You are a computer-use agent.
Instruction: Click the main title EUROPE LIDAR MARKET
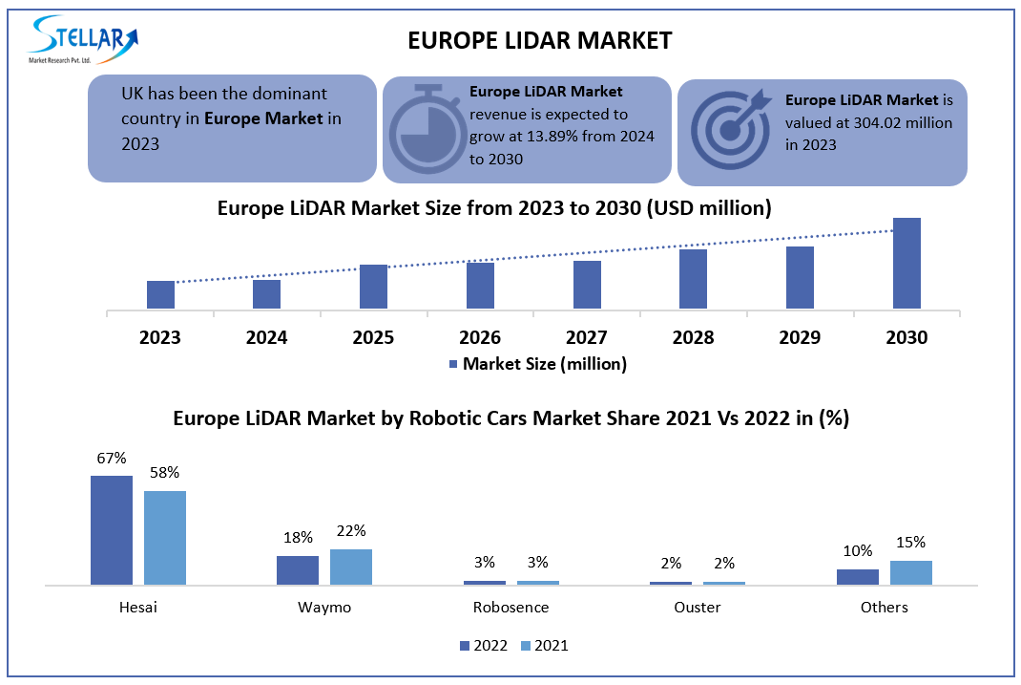539,40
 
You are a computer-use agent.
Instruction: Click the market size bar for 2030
906,263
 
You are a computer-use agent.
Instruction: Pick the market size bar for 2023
160,294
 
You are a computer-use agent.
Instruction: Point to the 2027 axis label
587,337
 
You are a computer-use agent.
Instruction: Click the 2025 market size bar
373,286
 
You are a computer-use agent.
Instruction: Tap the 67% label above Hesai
111,458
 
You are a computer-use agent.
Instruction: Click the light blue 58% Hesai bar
165,537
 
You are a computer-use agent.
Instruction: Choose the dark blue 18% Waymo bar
298,569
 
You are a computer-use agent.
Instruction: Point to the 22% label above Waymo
351,531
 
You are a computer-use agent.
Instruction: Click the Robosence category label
510,607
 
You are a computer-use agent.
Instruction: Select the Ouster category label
697,607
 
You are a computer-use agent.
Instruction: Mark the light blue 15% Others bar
910,572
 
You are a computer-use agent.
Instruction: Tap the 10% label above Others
857,550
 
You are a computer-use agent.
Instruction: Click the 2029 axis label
800,337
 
